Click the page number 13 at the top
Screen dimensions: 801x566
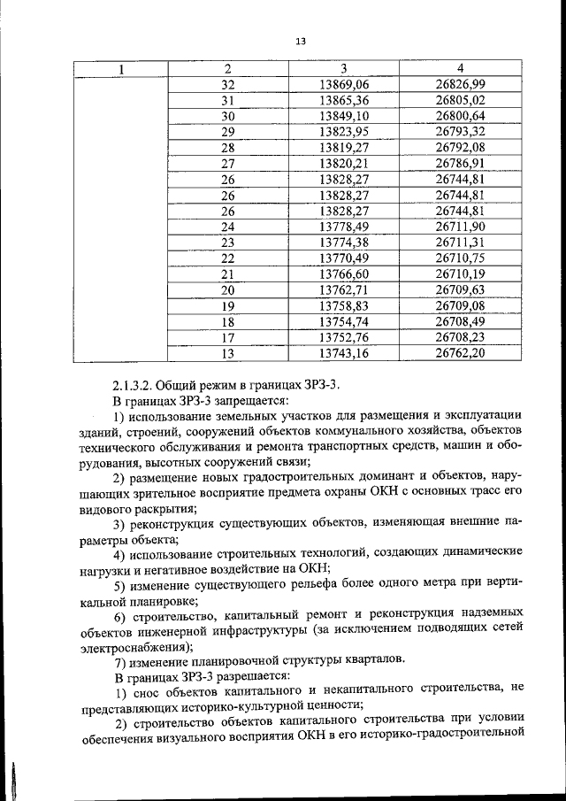point(301,41)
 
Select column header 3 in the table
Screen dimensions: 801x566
point(343,69)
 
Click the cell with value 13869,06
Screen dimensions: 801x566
point(343,84)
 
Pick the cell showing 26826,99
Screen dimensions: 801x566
point(461,84)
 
